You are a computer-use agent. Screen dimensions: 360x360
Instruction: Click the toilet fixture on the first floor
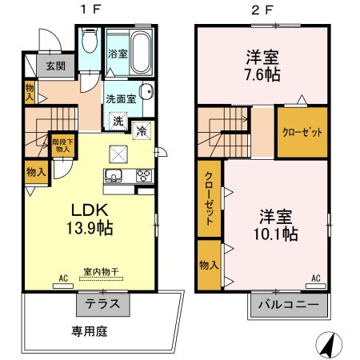tap(90, 40)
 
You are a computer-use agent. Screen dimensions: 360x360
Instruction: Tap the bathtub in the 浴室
tap(140, 52)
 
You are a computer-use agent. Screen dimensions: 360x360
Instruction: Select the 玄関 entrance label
tap(56, 66)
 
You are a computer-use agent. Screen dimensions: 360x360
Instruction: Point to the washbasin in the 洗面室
tap(146, 91)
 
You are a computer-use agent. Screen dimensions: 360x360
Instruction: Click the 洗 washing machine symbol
tap(118, 121)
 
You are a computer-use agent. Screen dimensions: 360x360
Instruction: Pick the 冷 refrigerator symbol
tap(142, 130)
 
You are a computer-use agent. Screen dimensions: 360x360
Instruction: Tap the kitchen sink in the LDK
tap(114, 175)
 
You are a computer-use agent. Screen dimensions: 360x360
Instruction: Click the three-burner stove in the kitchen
tap(144, 176)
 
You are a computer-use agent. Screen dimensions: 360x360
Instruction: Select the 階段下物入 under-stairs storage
tap(63, 146)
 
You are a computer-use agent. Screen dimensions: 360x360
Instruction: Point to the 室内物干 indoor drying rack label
tap(102, 272)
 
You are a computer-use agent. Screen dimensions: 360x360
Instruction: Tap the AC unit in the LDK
tap(63, 286)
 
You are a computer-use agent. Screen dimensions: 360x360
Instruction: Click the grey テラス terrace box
tap(103, 304)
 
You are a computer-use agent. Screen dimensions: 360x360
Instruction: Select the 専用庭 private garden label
tap(90, 331)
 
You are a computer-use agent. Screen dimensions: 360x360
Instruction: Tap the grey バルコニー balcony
tap(289, 305)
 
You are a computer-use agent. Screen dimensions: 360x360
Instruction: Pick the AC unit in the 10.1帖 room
tap(316, 286)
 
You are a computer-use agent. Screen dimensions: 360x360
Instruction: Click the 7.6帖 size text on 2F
tap(262, 75)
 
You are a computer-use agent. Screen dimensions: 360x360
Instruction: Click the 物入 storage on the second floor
tap(210, 265)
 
